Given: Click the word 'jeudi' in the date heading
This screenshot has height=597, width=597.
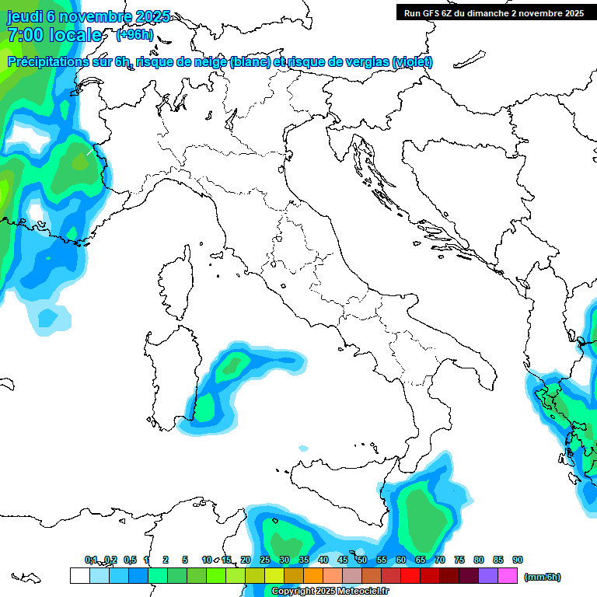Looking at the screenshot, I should [25, 16].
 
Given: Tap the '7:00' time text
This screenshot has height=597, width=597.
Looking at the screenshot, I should [25, 35].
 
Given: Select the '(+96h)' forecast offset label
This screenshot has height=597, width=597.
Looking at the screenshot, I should [134, 35].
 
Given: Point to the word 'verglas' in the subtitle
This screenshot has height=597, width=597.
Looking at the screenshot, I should [366, 62].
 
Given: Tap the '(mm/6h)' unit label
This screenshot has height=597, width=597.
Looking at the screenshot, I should [542, 577].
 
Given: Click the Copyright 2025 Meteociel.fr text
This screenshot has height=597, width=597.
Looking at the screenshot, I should [330, 592].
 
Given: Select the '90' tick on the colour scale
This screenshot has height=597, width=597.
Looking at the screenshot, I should [518, 560].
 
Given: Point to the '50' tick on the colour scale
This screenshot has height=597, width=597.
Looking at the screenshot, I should [361, 560].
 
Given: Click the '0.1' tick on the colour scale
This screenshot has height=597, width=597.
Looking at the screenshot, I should [91, 560].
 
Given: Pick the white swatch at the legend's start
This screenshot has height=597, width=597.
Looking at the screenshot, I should [79, 576].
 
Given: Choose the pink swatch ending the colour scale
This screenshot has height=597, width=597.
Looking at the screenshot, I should [508, 576].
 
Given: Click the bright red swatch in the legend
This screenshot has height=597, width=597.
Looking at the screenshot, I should [410, 576].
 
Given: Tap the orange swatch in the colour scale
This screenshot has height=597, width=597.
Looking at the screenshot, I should [313, 576].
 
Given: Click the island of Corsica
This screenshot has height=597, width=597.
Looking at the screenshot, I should [176, 285].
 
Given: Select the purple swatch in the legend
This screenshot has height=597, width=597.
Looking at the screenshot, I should [488, 576].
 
